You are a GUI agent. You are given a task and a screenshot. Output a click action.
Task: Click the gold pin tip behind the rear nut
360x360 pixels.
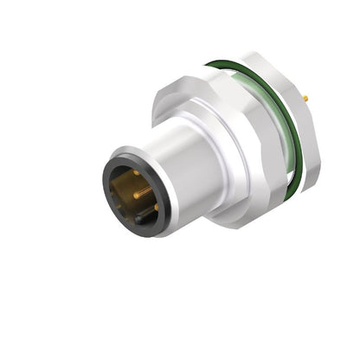coord(306,100)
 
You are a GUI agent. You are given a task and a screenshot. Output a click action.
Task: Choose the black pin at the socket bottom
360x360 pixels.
coord(138,220)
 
